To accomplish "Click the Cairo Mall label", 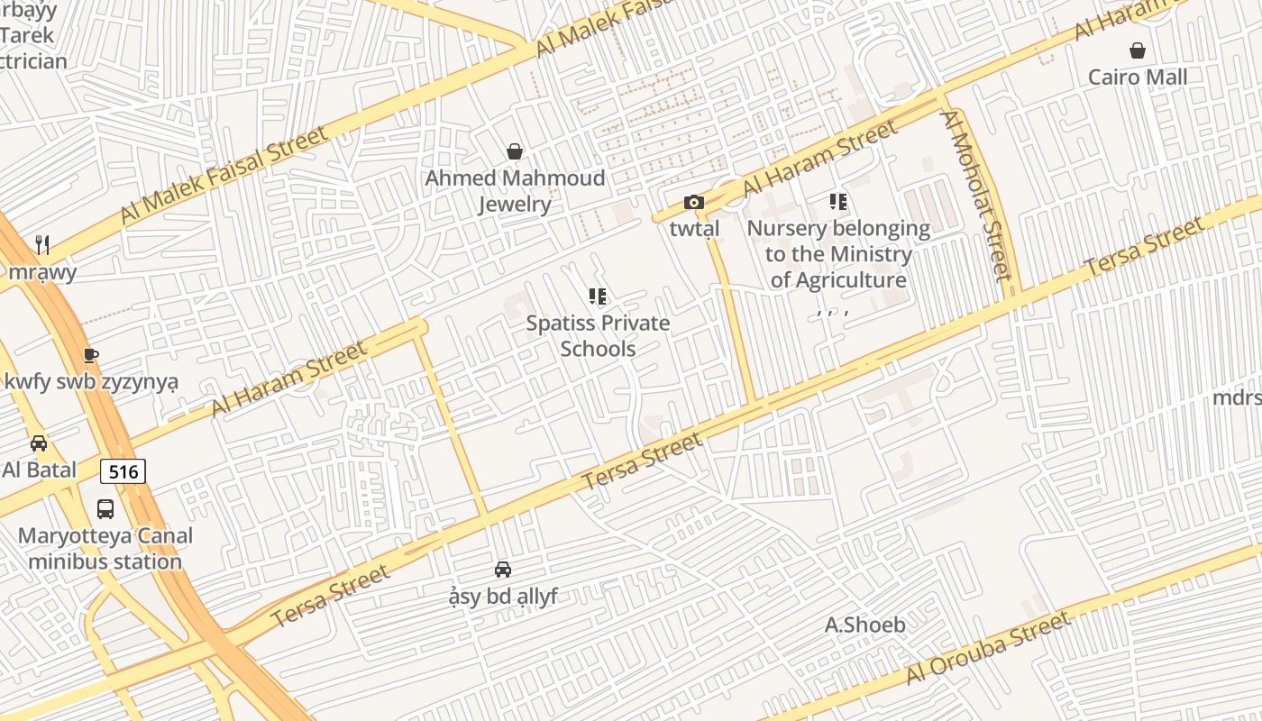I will (1138, 77).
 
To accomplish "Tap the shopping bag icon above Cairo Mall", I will (1138, 50).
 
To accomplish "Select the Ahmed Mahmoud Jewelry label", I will (515, 191).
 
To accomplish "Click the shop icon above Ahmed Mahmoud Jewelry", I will (515, 151).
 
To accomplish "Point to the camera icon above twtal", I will (693, 202).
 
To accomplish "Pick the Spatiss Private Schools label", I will (598, 335).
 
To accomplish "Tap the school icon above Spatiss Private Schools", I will (597, 296).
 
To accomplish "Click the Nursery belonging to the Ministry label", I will (838, 254).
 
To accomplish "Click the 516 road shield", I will (123, 471).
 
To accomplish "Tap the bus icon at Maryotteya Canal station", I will (105, 509).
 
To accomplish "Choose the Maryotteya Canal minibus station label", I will (105, 549).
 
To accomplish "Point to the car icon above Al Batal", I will (39, 443).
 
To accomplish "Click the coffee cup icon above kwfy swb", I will (90, 355).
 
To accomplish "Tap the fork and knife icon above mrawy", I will (42, 244).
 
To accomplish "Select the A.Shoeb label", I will (865, 625).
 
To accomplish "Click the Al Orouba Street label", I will (989, 648).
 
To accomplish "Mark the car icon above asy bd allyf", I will (503, 570).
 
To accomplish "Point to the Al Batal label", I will (39, 470).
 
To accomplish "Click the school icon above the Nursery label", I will (838, 202).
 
